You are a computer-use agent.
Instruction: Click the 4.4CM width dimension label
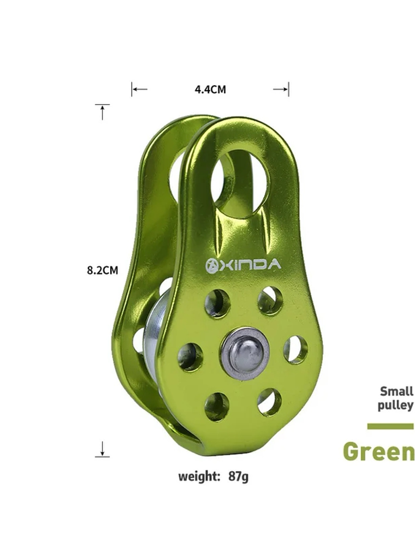210,90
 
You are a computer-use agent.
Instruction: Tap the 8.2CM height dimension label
102,270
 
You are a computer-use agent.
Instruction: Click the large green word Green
378,452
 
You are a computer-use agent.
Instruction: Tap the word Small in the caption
396,391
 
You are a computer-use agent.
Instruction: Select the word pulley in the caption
395,406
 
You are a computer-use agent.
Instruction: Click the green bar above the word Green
390,426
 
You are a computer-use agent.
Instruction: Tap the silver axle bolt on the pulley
245,354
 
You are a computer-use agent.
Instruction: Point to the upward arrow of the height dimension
102,111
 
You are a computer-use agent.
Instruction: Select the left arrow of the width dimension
139,89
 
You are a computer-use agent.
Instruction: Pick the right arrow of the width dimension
282,89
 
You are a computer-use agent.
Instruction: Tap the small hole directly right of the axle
295,349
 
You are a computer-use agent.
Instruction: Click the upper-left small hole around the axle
217,303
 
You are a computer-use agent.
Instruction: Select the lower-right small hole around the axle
269,402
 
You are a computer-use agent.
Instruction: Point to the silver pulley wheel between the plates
155,344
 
